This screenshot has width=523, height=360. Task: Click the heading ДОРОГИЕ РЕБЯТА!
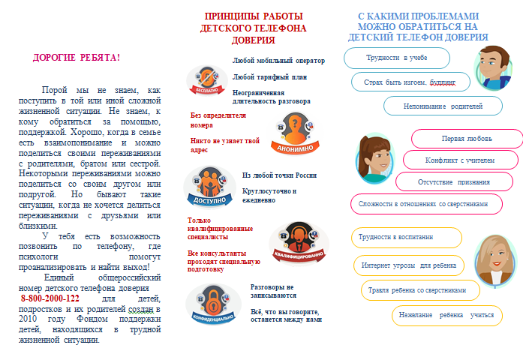[77, 57]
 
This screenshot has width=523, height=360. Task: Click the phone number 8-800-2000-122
[50, 298]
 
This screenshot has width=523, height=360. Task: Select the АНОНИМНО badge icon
[296, 128]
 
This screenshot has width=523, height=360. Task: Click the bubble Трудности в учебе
[396, 58]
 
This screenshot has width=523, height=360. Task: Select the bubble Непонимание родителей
[443, 106]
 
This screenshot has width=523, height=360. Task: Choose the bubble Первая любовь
[467, 139]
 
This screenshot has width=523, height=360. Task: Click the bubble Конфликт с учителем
[459, 160]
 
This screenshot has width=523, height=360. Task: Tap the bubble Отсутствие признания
[455, 181]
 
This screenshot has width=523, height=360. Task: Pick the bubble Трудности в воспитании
[406, 236]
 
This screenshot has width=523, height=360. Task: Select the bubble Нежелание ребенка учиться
[446, 315]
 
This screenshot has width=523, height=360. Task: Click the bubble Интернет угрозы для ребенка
[409, 265]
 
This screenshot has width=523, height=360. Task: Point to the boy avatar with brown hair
[493, 67]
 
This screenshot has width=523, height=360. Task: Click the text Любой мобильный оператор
[278, 60]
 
